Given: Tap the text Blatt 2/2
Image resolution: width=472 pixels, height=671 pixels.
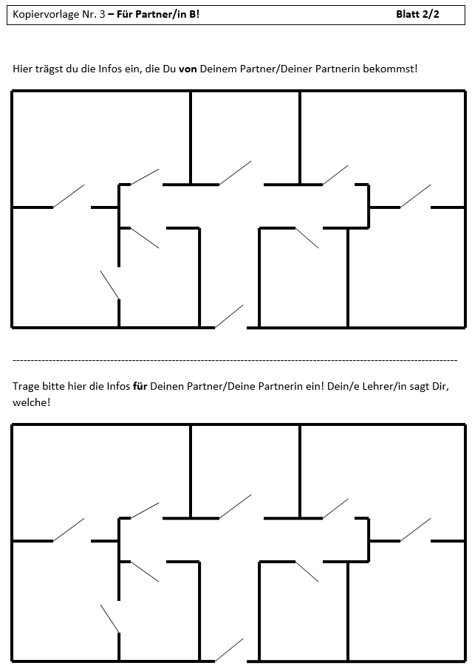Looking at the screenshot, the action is tap(417, 14).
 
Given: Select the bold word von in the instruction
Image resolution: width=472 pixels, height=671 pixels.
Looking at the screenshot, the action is tap(188, 69).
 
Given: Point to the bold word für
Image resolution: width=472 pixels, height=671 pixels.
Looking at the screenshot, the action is tap(140, 386).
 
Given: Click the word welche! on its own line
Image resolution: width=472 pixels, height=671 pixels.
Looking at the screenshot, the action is tap(32, 402).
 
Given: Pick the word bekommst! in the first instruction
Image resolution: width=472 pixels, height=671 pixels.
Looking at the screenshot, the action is tap(390, 69).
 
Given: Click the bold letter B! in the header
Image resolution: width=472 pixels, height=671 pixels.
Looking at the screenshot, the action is tap(194, 14).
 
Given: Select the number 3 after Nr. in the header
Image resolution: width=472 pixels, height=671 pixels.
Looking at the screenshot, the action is tap(103, 14).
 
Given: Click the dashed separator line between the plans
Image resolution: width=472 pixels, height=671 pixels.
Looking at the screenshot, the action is tap(235, 360).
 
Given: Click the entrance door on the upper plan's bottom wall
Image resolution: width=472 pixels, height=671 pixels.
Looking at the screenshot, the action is tap(229, 317).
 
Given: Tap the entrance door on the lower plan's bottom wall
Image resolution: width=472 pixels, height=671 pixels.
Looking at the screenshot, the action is tap(229, 650).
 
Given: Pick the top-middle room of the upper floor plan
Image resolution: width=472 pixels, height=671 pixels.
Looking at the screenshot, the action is tap(245, 137).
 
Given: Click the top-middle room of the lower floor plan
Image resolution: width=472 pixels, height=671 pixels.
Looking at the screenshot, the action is tap(245, 471).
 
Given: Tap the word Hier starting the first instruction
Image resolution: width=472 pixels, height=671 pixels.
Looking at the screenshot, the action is tap(22, 69).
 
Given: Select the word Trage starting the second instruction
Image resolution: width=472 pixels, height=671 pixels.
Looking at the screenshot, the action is tap(24, 386).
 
